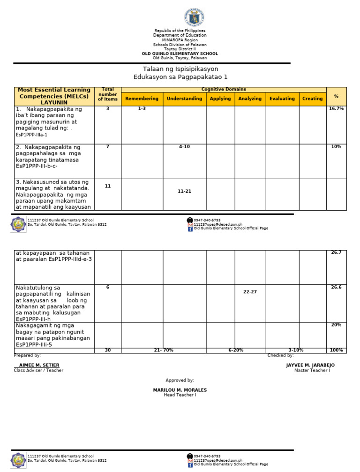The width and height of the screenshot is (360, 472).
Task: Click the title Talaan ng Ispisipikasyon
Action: pyautogui.click(x=180, y=69)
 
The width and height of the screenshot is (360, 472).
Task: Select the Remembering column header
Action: pyautogui.click(x=142, y=99)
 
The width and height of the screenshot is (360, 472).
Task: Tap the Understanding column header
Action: pyautogui.click(x=184, y=99)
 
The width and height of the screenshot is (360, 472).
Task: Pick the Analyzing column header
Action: pyautogui.click(x=250, y=99)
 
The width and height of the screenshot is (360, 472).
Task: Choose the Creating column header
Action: pyautogui.click(x=312, y=99)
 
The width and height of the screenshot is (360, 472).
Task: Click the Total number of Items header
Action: pyautogui.click(x=108, y=94)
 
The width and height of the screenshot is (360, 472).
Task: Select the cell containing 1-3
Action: pyautogui.click(x=142, y=108)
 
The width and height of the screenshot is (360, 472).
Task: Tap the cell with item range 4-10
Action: pyautogui.click(x=184, y=147)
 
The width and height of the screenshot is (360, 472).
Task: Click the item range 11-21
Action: pyautogui.click(x=184, y=191)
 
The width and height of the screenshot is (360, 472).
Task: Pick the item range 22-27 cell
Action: pyautogui.click(x=250, y=292)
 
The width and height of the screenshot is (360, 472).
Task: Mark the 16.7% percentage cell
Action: pyautogui.click(x=336, y=108)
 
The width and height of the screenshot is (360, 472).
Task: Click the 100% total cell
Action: pyautogui.click(x=336, y=350)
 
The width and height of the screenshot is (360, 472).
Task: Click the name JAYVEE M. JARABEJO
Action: pyautogui.click(x=310, y=365)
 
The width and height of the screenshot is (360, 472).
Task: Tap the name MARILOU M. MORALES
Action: pyautogui.click(x=180, y=390)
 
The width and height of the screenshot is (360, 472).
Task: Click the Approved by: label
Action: pyautogui.click(x=180, y=380)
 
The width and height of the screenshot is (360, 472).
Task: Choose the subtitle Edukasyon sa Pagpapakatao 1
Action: pyautogui.click(x=180, y=77)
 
